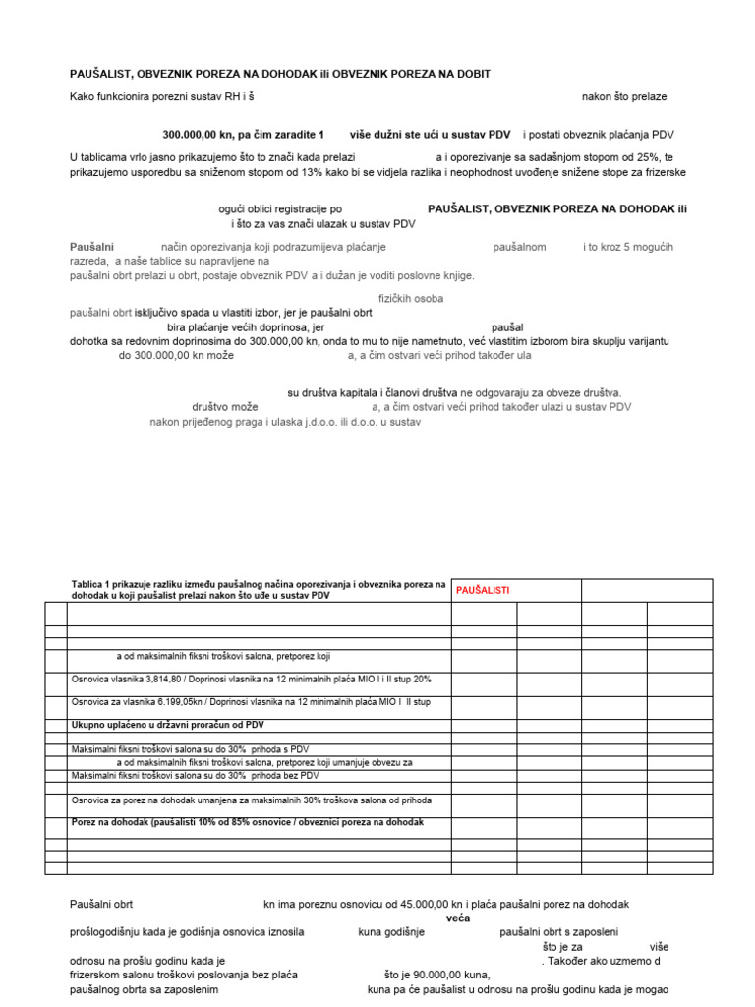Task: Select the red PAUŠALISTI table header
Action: click(483, 590)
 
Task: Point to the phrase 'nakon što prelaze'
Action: click(624, 97)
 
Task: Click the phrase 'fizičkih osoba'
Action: click(411, 298)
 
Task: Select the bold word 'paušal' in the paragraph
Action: click(507, 326)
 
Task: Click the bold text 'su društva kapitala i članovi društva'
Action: click(367, 392)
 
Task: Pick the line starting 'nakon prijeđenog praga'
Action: click(285, 422)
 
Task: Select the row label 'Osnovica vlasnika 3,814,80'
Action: click(251, 679)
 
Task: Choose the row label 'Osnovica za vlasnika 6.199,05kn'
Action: click(251, 702)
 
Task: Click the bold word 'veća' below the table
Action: click(458, 918)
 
